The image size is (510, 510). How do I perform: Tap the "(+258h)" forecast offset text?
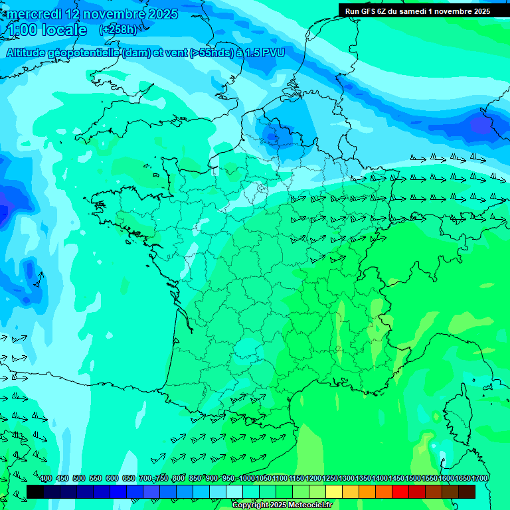[118, 30]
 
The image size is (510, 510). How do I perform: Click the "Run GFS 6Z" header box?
[417, 11]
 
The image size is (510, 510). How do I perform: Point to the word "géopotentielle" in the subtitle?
[88, 52]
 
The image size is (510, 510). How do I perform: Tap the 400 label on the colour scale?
[46, 479]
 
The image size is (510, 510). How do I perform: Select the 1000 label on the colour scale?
[246, 479]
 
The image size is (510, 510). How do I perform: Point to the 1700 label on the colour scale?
[479, 479]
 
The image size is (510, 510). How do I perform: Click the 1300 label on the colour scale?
[347, 479]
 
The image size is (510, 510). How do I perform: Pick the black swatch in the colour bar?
[35, 491]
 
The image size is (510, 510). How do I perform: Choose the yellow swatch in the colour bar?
[334, 491]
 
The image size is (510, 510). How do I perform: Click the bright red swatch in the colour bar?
[400, 491]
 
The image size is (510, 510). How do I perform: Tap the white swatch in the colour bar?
[234, 491]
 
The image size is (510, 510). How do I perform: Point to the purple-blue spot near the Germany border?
[479, 124]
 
